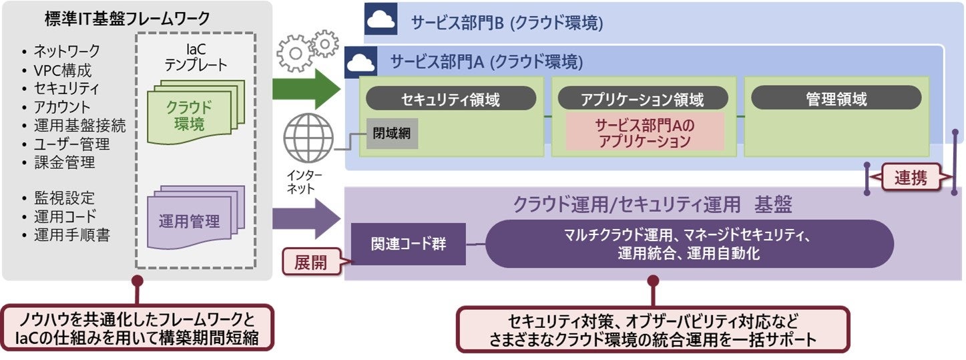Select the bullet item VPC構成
pos(63,69)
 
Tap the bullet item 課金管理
pos(65,162)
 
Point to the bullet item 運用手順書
pos(72,235)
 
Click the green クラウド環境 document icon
pos(194,113)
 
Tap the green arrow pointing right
pos(306,88)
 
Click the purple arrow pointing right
pos(306,218)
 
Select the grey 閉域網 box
pos(392,133)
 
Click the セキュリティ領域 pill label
pos(451,100)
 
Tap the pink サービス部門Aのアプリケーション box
pos(644,132)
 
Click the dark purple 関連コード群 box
pos(409,243)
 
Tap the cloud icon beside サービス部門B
pos(381,21)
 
